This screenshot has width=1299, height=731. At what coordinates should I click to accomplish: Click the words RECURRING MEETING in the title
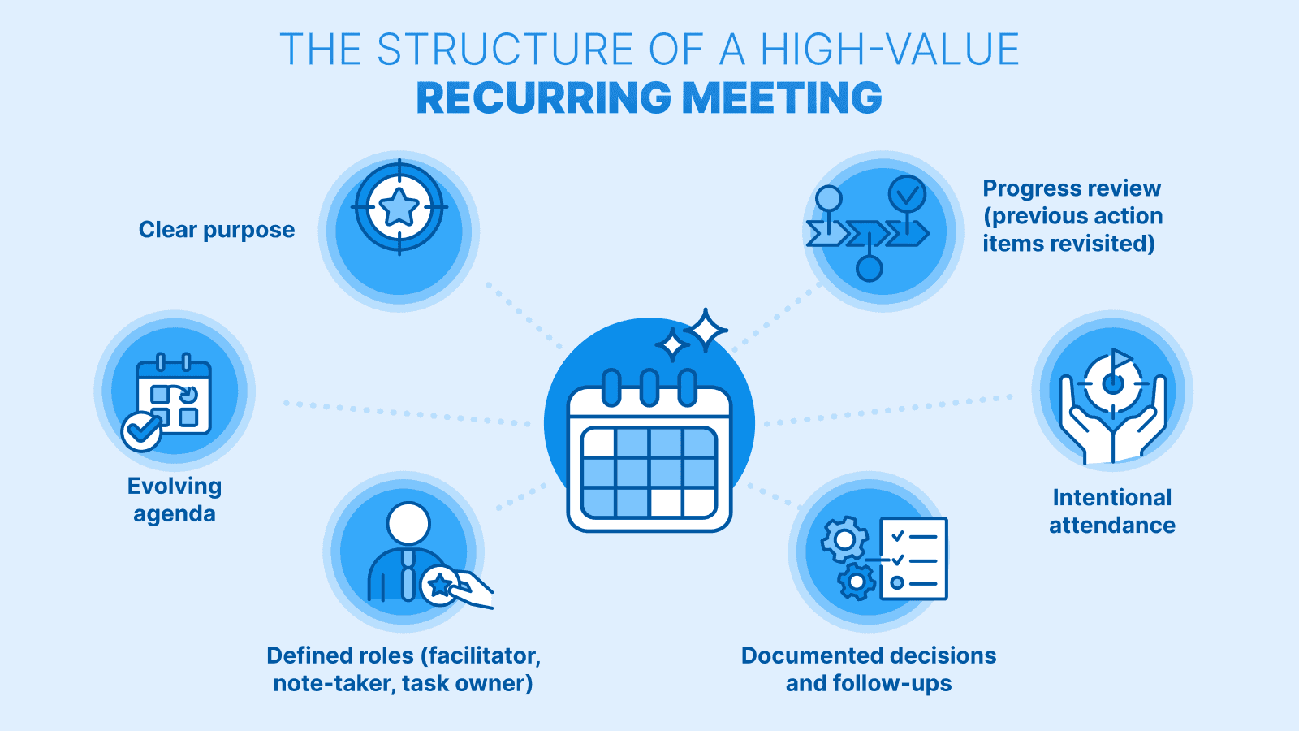[x=649, y=98]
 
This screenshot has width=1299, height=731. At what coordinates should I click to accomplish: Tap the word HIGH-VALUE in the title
[x=890, y=50]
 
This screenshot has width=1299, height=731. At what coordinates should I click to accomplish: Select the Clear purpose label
[x=217, y=230]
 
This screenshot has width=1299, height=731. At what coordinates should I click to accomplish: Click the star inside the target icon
[x=399, y=207]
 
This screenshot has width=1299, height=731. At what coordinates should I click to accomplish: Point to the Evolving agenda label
[x=175, y=500]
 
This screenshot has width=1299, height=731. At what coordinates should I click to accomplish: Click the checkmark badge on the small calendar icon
[x=141, y=430]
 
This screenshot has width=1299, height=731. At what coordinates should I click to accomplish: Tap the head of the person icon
[x=408, y=524]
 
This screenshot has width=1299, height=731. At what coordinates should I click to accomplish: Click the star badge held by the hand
[x=439, y=584]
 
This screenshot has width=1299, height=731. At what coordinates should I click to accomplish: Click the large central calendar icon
[x=649, y=455]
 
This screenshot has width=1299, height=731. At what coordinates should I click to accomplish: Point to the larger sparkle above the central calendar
[x=706, y=331]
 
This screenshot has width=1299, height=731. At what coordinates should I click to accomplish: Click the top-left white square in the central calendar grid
[x=599, y=443]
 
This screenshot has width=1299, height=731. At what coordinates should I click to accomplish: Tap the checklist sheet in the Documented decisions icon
[x=914, y=559]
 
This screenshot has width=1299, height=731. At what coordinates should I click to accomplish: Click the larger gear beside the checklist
[x=844, y=539]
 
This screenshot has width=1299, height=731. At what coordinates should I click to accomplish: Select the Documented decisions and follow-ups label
[x=869, y=669]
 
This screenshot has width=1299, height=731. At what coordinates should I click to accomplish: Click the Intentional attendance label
[x=1112, y=511]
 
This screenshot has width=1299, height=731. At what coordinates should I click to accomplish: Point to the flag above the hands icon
[x=1121, y=358]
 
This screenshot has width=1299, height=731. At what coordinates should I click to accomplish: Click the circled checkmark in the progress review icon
[x=907, y=194]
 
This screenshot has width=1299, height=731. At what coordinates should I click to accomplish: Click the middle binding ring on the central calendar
[x=649, y=387]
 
